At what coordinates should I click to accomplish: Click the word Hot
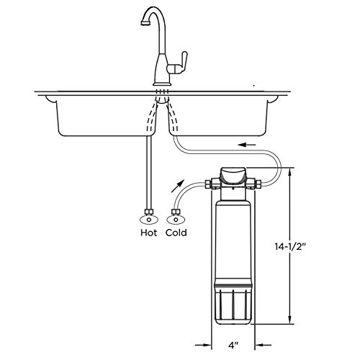tap(149, 233)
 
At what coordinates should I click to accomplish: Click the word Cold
tap(177, 233)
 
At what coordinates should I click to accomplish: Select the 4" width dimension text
tap(235, 347)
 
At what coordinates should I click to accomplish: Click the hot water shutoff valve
tap(149, 215)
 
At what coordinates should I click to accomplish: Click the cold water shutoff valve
tap(174, 215)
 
